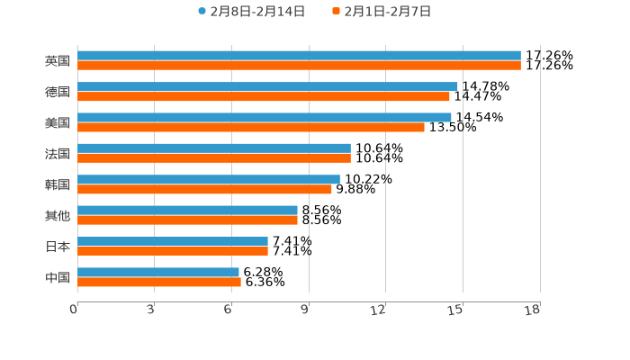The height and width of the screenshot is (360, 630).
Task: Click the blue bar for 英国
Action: (299, 56)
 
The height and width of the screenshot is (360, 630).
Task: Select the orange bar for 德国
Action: (263, 96)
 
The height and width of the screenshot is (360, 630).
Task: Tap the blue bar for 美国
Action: (265, 117)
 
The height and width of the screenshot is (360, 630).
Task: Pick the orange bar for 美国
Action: (251, 127)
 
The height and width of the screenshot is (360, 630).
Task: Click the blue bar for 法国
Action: (214, 148)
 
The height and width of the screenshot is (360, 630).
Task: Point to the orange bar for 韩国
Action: (204, 189)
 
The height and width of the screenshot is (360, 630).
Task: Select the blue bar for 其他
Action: (187, 210)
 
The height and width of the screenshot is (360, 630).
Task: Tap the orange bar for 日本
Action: (173, 251)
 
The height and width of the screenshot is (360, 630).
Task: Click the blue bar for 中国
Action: (158, 272)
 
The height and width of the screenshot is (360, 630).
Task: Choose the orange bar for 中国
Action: (159, 282)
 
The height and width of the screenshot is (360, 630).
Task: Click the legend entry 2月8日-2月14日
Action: (251, 12)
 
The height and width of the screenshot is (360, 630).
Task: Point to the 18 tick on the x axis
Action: (532, 310)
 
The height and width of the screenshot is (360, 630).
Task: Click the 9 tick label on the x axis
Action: (304, 310)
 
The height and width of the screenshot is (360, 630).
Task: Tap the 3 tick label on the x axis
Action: (151, 310)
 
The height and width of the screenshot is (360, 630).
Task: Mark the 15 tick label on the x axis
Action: (455, 310)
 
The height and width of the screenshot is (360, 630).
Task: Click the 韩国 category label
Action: (58, 184)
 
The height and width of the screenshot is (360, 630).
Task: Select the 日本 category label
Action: (58, 247)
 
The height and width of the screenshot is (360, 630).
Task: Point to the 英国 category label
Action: (58, 61)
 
